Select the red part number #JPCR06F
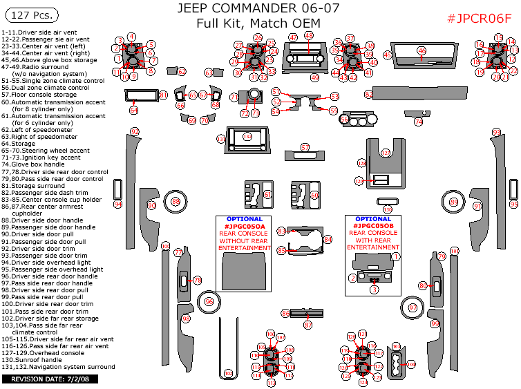click(x=479, y=18)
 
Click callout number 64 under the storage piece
click(x=133, y=110)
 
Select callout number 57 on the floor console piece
click(x=305, y=147)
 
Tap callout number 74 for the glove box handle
click(x=418, y=122)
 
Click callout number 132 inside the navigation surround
click(x=247, y=137)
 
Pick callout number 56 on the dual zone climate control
click(x=344, y=120)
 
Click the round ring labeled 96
click(x=209, y=301)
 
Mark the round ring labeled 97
click(x=413, y=307)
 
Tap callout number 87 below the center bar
click(x=309, y=325)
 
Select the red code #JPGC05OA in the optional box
click(x=245, y=226)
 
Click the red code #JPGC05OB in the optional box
click(x=374, y=226)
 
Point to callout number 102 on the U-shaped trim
click(x=229, y=373)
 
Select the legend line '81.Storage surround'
click(x=38, y=185)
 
